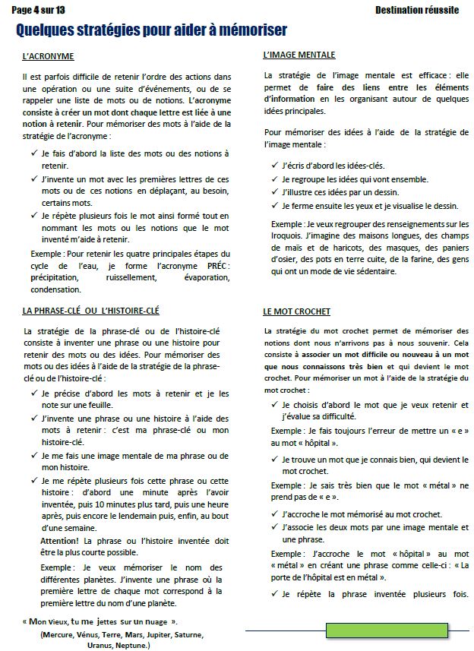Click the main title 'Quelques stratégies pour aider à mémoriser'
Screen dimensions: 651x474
pos(151,30)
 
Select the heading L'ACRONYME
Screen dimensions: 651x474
pos(48,58)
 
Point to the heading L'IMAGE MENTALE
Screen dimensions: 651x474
pos(299,55)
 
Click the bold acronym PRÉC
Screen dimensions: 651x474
pos(217,264)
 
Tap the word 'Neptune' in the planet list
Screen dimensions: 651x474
pos(131,645)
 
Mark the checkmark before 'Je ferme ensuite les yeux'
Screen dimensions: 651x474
pos(275,205)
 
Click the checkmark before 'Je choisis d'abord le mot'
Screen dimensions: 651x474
pos(275,405)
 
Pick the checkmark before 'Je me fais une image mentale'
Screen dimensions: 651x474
pos(35,455)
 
